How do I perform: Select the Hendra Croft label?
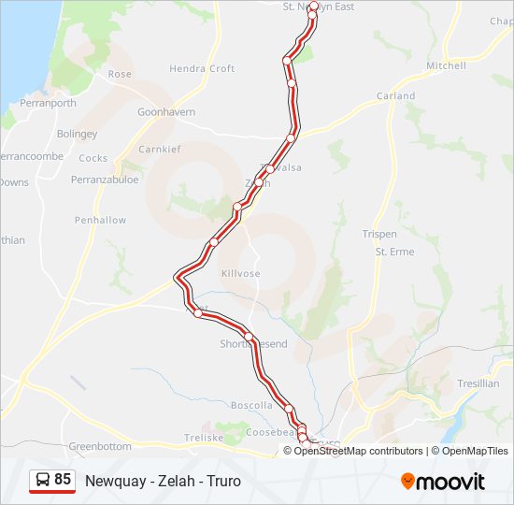(x=202, y=69)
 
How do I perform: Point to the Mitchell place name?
(x=446, y=66)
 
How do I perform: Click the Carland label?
(x=396, y=96)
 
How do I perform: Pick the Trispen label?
(x=379, y=234)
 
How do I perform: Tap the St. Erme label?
(x=394, y=252)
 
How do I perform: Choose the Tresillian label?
(x=478, y=384)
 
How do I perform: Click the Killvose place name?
(x=240, y=273)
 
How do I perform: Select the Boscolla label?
(x=251, y=406)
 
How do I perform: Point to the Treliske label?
(x=204, y=438)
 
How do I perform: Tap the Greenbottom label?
(x=100, y=447)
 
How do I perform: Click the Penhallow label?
(x=100, y=221)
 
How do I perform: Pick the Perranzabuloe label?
(x=105, y=179)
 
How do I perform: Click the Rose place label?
(x=120, y=74)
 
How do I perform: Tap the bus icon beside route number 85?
(x=42, y=481)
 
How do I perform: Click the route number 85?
(x=63, y=480)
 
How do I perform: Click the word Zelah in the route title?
(x=172, y=482)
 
